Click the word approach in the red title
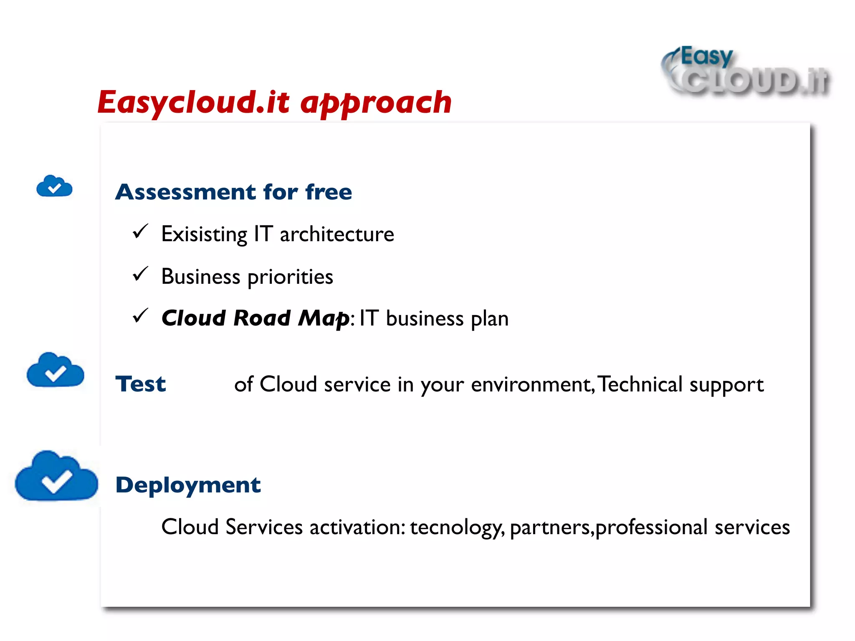[x=376, y=102]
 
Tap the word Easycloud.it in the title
[x=193, y=102]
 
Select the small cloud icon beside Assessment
[x=54, y=186]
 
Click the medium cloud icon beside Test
[x=55, y=370]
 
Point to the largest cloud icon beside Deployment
[x=56, y=477]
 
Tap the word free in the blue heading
[x=329, y=192]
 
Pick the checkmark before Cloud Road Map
[x=140, y=316]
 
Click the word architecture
[x=336, y=234]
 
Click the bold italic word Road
[x=262, y=318]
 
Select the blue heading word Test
[x=141, y=384]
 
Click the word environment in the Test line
[x=531, y=384]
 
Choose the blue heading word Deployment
[x=188, y=485]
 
